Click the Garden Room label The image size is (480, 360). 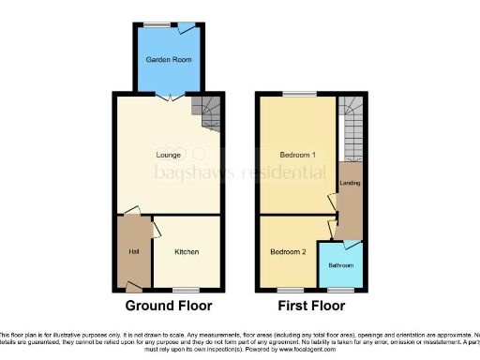(162, 59)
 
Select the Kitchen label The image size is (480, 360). (187, 252)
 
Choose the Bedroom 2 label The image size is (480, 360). (288, 252)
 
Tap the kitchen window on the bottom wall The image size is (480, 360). (187, 289)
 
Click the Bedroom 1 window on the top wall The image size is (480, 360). (299, 93)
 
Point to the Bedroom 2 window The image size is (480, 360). (288, 289)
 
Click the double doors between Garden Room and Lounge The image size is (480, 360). (163, 96)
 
